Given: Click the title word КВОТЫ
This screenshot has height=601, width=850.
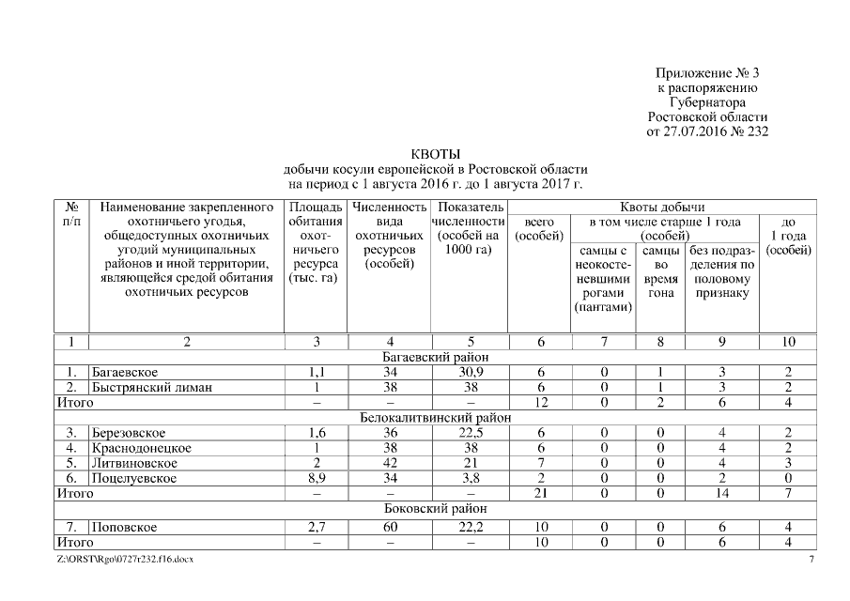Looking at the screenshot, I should tap(434, 154).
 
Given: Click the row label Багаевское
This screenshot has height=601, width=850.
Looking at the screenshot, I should tap(123, 373).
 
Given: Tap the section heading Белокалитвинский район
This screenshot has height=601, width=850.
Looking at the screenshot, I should tap(435, 417).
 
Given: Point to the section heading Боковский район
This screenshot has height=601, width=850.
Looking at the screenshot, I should tap(435, 508).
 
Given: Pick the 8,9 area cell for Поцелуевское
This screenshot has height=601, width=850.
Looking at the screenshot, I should tap(317, 478).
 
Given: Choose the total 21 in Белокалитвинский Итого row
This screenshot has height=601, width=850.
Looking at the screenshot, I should tap(540, 493).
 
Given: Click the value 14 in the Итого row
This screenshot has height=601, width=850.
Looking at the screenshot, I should tap(721, 493).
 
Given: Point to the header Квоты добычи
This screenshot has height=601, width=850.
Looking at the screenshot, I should tap(662, 207).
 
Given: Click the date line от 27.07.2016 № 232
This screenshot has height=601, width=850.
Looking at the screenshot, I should tap(706, 131).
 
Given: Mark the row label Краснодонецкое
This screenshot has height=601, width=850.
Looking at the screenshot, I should tap(141, 448).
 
